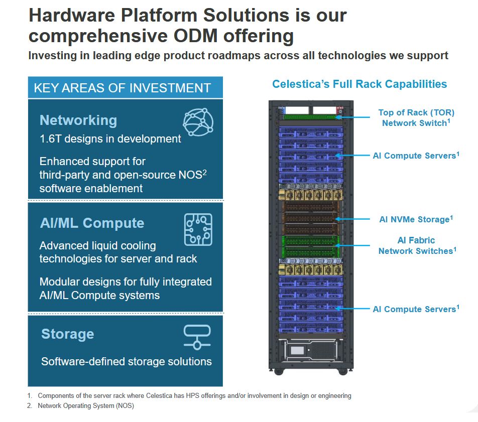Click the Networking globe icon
point(198,122)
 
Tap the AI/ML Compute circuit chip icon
point(198,229)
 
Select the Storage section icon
point(197,337)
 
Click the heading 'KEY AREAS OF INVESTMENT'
point(122,88)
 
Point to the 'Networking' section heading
point(78,120)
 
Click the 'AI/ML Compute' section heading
point(92,223)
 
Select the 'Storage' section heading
point(68,334)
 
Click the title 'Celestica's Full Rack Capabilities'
point(360,84)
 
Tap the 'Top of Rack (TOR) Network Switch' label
point(416,117)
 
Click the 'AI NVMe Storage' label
point(416,219)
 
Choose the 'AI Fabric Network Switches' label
point(417,245)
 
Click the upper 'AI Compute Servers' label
point(416,156)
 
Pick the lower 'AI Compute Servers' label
point(416,309)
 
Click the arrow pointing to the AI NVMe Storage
point(352,219)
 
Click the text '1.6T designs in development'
point(110,139)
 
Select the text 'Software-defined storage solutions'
point(127,361)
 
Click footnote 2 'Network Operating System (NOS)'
point(86,406)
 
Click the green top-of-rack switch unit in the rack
point(310,117)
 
